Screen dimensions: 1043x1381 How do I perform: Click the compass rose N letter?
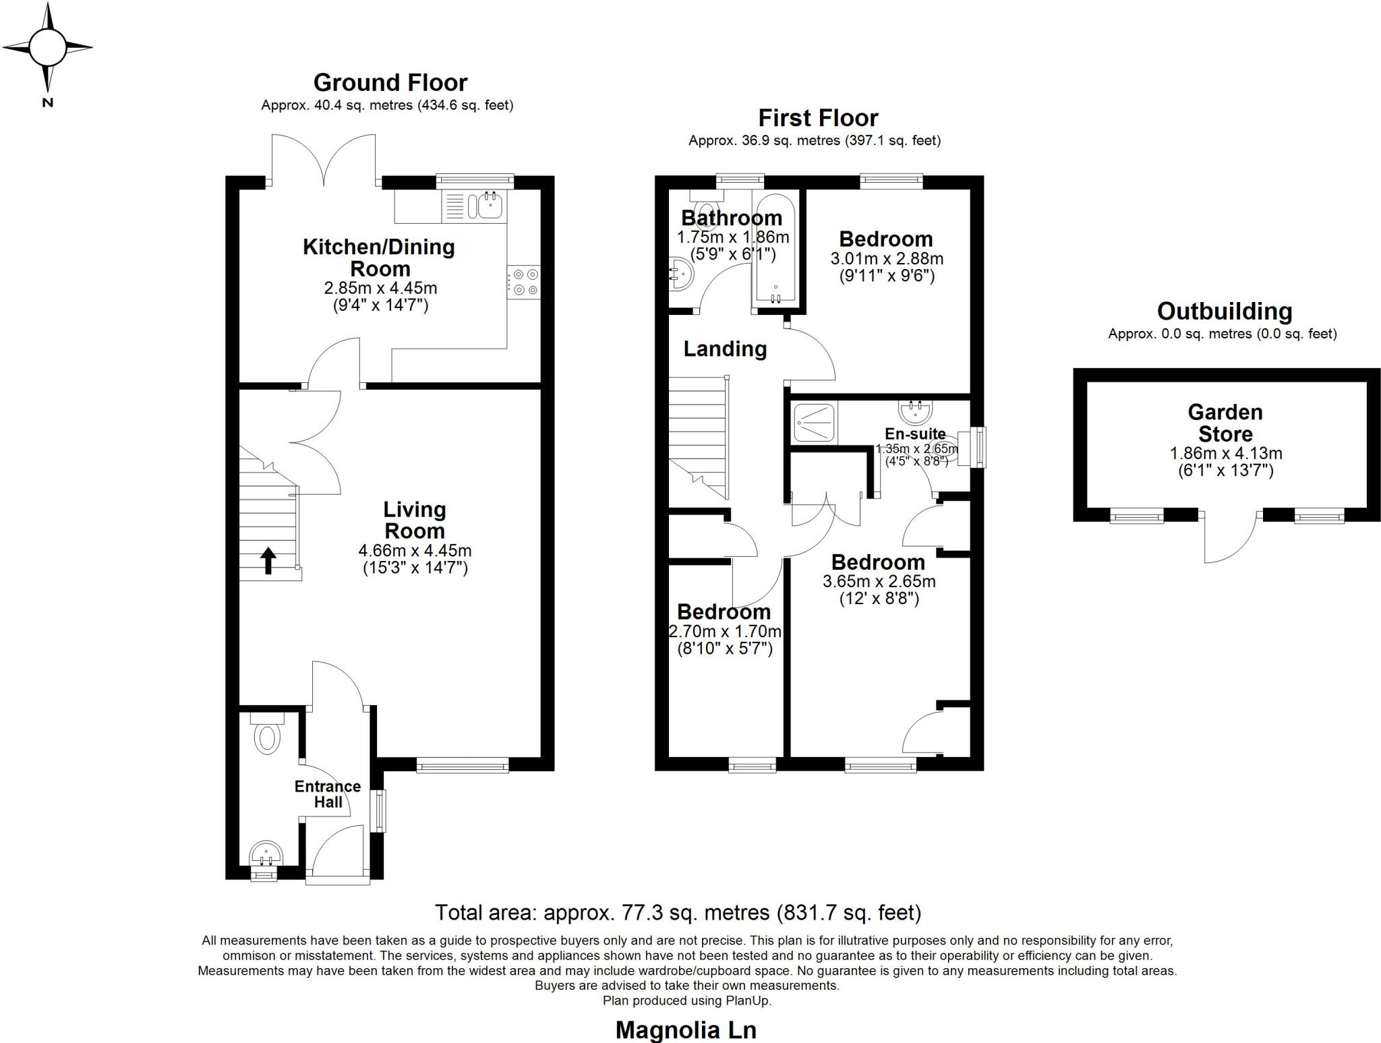[47, 103]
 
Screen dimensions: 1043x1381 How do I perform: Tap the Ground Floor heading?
[390, 83]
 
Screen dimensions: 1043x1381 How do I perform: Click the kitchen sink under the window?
[490, 205]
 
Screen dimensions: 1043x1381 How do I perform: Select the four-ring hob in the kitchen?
[525, 282]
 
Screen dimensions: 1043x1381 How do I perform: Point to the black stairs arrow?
[268, 560]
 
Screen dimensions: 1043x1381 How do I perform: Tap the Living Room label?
[414, 520]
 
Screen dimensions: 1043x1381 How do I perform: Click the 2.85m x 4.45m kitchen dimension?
[380, 289]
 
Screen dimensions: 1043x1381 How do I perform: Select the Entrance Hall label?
[328, 794]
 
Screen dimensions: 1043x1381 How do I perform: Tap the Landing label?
[725, 349]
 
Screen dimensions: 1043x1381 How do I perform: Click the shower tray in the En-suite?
[815, 423]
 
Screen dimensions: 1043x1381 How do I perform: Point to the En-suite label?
[915, 434]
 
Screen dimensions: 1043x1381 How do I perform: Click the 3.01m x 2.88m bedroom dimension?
[886, 259]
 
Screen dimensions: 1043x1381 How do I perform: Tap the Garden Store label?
[1225, 423]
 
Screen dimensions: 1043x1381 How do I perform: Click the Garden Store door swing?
[1230, 539]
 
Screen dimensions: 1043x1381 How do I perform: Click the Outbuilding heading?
[1224, 311]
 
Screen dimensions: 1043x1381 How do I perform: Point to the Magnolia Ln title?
[686, 1030]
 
